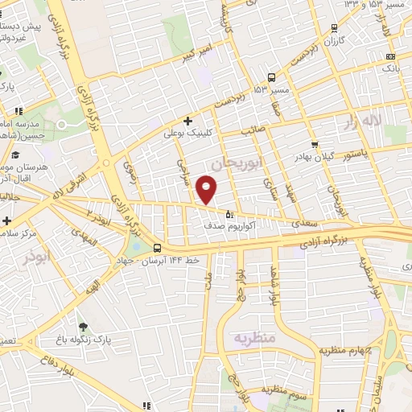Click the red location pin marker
tap(207, 191)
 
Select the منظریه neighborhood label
tap(254, 338)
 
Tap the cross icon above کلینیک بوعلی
tap(187, 122)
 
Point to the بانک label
tap(390, 69)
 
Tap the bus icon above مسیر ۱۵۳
tap(271, 78)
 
